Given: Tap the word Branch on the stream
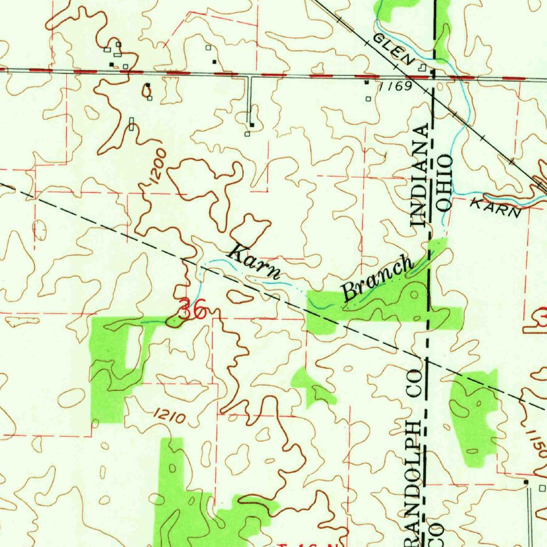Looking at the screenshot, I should pyautogui.click(x=378, y=278).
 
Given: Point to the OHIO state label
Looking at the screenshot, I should pyautogui.click(x=444, y=183).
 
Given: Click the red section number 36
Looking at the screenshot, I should pyautogui.click(x=192, y=310).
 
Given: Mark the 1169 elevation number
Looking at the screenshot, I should pyautogui.click(x=395, y=86).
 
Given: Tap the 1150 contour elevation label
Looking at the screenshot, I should pyautogui.click(x=536, y=443).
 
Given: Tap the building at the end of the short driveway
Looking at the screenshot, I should pyautogui.click(x=252, y=126).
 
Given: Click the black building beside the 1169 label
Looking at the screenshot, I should pyautogui.click(x=366, y=82).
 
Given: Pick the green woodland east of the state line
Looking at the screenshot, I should pyautogui.click(x=474, y=414).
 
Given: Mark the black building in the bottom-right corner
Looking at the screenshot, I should pyautogui.click(x=526, y=482).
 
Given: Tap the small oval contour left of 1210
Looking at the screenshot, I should pyautogui.click(x=71, y=397).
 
